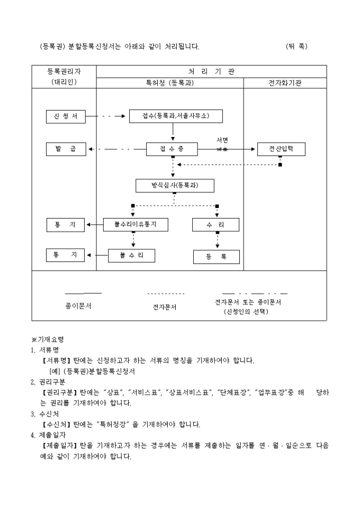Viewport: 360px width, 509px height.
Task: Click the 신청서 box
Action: (x=66, y=116)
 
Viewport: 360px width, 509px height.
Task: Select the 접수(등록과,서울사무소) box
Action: (x=176, y=116)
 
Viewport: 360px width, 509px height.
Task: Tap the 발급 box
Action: (x=66, y=149)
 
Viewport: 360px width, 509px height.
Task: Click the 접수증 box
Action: (x=172, y=149)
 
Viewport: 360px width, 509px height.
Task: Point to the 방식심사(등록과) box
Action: (x=175, y=186)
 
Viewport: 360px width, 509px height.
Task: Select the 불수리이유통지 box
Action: (x=136, y=225)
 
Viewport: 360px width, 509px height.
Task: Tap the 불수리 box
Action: (x=132, y=256)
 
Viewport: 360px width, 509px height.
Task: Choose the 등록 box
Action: (x=216, y=257)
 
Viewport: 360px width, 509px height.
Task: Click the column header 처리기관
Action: (x=211, y=71)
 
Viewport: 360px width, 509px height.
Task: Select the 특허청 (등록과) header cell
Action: (x=169, y=83)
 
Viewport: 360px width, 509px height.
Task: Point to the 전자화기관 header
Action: (x=285, y=83)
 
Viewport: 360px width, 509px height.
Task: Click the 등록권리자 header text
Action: (x=64, y=71)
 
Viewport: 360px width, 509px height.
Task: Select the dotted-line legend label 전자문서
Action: (x=165, y=307)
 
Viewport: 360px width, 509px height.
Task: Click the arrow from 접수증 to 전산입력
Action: (x=227, y=150)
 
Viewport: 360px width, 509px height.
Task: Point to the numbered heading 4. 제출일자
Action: (x=44, y=435)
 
